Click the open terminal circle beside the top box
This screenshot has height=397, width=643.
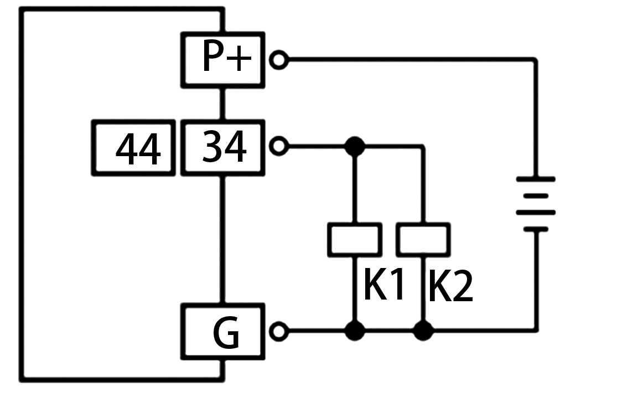279,60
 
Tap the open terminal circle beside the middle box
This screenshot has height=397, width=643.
279,146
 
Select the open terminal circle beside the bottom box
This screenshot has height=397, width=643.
279,331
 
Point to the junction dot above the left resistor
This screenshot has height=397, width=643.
355,147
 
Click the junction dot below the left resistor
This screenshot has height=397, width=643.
355,331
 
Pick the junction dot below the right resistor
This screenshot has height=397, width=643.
423,331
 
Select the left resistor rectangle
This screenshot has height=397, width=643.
355,240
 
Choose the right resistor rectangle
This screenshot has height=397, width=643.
423,240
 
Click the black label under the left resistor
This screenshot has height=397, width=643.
383,284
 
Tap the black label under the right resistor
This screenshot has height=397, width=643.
451,285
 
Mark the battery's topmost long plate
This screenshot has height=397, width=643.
535,179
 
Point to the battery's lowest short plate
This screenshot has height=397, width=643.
535,229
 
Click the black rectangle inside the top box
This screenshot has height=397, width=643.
227,55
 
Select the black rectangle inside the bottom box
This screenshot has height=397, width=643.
226,332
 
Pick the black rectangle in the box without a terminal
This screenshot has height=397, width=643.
138,148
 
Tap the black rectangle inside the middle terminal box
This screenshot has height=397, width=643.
225,147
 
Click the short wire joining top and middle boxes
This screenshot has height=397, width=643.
222,104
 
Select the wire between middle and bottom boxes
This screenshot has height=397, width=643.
222,239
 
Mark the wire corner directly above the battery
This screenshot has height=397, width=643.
535,60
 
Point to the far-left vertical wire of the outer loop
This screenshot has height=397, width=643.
22,194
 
